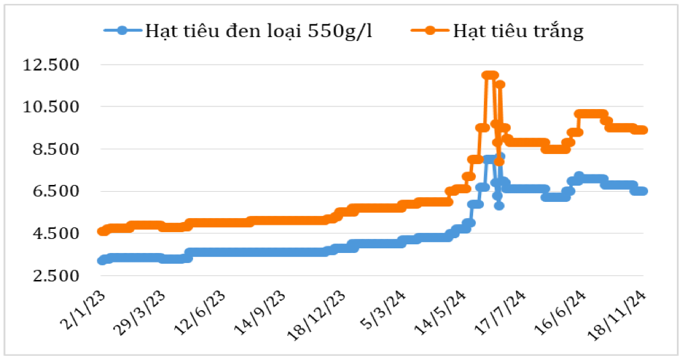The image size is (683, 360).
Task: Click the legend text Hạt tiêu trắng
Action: click(517, 31)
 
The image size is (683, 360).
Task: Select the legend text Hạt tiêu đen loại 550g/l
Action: click(258, 31)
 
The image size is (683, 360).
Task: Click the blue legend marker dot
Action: click(122, 30)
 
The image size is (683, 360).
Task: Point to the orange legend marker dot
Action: click(429, 30)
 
